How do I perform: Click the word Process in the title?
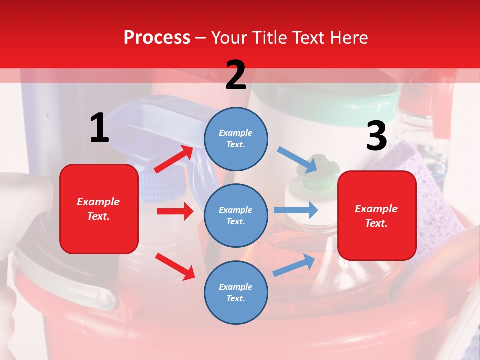point(157,38)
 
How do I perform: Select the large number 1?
point(99,128)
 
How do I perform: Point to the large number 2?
point(236,75)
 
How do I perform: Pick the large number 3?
point(376,137)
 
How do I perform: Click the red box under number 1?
point(99,209)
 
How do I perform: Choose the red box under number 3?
point(377,215)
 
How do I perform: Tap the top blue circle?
point(236,138)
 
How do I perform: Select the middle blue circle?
point(236,215)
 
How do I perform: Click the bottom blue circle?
point(236,292)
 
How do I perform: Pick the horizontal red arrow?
point(175,211)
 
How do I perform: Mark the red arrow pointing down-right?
point(175,266)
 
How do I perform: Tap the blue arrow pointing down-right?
point(298,159)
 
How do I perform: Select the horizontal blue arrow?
point(296,210)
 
